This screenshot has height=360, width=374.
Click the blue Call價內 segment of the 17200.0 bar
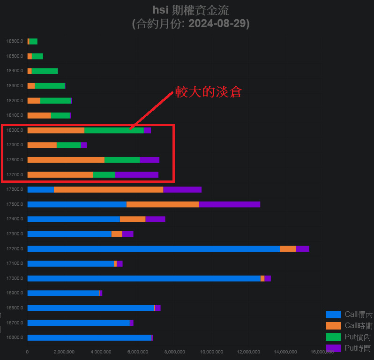154,248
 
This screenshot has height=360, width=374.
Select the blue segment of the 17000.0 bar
144,278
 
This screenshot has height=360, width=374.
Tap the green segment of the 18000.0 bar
114,130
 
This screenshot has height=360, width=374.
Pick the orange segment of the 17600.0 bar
108,189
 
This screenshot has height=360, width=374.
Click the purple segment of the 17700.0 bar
136,175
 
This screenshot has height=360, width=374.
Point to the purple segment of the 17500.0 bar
229,204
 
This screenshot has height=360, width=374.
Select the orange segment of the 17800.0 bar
66,160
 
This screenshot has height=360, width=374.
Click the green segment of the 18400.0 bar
45,71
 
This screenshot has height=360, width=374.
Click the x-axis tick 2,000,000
64,352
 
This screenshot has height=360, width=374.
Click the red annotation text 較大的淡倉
208,92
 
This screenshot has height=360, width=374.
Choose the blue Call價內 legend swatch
333,314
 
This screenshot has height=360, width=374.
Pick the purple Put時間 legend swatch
333,348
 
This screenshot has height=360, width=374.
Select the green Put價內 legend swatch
333,337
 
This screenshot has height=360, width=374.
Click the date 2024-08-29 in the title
218,23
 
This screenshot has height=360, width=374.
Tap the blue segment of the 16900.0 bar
63,293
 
